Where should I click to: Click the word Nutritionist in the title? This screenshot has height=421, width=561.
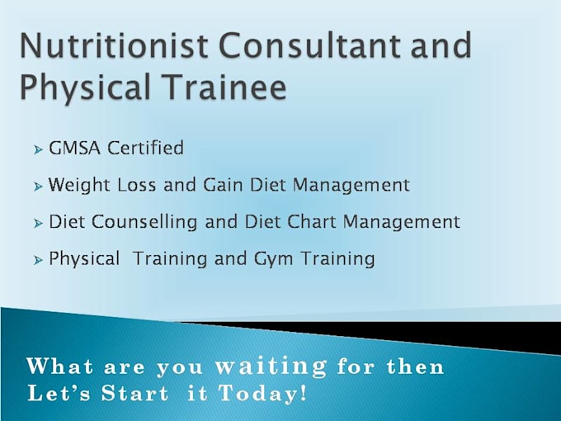pos(114,45)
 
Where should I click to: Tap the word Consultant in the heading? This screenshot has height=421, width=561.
pos(309,45)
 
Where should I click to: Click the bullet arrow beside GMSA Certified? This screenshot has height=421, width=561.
pos(38,149)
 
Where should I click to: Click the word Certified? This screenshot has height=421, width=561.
pos(146,148)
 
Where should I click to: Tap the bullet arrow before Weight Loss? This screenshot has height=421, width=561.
pos(38,187)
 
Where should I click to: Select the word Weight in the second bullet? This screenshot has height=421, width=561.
pos(79,186)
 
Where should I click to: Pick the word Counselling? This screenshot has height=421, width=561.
pos(144,222)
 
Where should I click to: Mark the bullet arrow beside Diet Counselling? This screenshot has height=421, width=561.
pos(38,224)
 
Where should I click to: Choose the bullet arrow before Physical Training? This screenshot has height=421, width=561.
pos(38,260)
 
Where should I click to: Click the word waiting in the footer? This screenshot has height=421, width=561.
pos(271,367)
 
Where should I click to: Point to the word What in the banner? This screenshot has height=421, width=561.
pos(59,367)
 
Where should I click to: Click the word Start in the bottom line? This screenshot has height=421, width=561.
pos(134,393)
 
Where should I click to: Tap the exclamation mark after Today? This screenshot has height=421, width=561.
pos(303,393)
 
